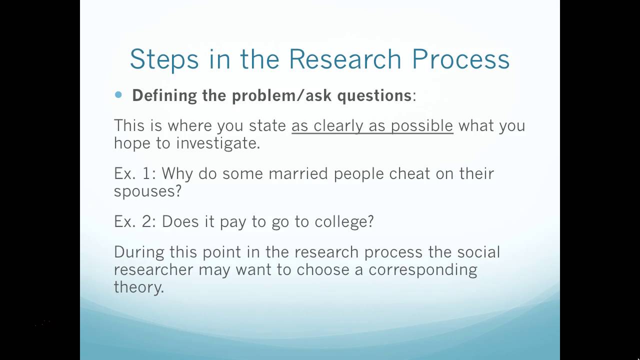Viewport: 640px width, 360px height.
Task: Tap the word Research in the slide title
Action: (x=345, y=59)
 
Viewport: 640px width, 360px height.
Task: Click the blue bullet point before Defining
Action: (x=118, y=94)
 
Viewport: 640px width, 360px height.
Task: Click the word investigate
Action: (x=218, y=143)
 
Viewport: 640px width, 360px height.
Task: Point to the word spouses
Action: (x=147, y=191)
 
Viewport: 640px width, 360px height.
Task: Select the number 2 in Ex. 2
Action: (x=148, y=221)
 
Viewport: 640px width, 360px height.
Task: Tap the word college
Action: (x=344, y=222)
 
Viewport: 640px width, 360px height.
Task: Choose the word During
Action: (x=138, y=251)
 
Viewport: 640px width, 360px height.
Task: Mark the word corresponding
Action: (x=422, y=270)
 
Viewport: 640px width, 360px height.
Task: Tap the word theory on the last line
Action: (x=138, y=288)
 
